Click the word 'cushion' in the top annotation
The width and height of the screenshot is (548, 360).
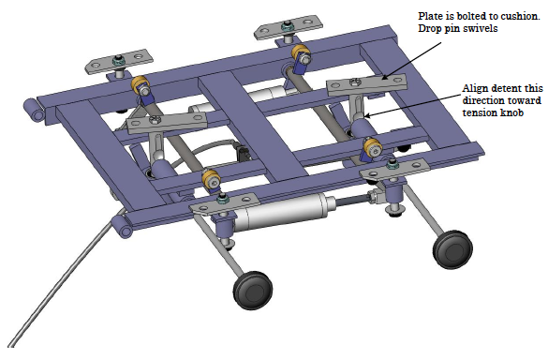[x=520, y=16]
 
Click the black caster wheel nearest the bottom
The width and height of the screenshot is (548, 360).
[x=253, y=290]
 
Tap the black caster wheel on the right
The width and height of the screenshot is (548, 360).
[x=453, y=249]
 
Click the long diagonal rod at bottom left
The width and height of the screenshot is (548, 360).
[x=65, y=278]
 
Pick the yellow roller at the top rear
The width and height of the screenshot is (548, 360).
[x=302, y=53]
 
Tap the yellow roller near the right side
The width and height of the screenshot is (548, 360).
[x=372, y=148]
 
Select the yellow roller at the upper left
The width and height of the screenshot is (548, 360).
[x=141, y=85]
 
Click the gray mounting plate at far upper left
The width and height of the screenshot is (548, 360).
[x=119, y=62]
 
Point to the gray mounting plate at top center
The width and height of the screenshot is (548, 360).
[x=288, y=27]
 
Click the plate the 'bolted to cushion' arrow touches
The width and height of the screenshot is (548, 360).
[x=367, y=85]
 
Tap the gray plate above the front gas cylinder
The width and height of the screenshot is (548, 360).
[x=225, y=204]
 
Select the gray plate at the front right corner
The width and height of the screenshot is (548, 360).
[x=394, y=170]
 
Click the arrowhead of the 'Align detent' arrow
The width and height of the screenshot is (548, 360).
[x=365, y=115]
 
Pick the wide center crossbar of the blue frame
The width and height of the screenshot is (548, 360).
[x=252, y=126]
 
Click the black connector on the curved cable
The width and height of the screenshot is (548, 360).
[x=243, y=153]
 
